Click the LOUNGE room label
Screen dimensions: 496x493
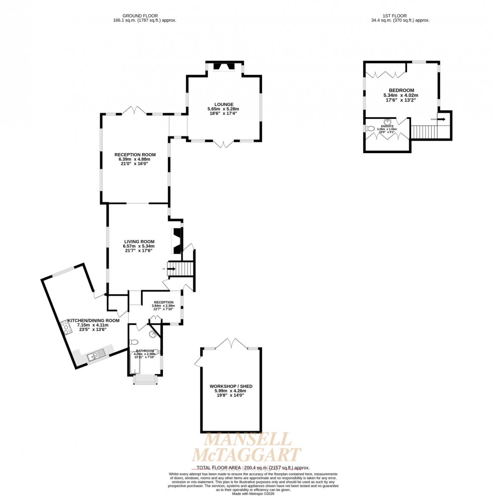tap(223, 104)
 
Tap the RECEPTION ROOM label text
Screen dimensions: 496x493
tap(135, 155)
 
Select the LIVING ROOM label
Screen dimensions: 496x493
tap(139, 242)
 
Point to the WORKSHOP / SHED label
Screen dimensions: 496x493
tap(231, 386)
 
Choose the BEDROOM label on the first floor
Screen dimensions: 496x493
tap(401, 90)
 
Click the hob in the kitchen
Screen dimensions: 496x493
tap(66, 327)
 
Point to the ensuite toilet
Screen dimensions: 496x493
tap(371, 129)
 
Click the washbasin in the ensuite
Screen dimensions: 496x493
tap(388, 121)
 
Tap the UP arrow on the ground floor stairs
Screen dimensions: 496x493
tap(171, 269)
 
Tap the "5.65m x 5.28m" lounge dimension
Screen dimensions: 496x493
tap(223, 109)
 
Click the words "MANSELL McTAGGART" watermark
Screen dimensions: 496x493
tap(246, 447)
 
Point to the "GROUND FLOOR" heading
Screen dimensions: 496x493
tap(145, 16)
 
